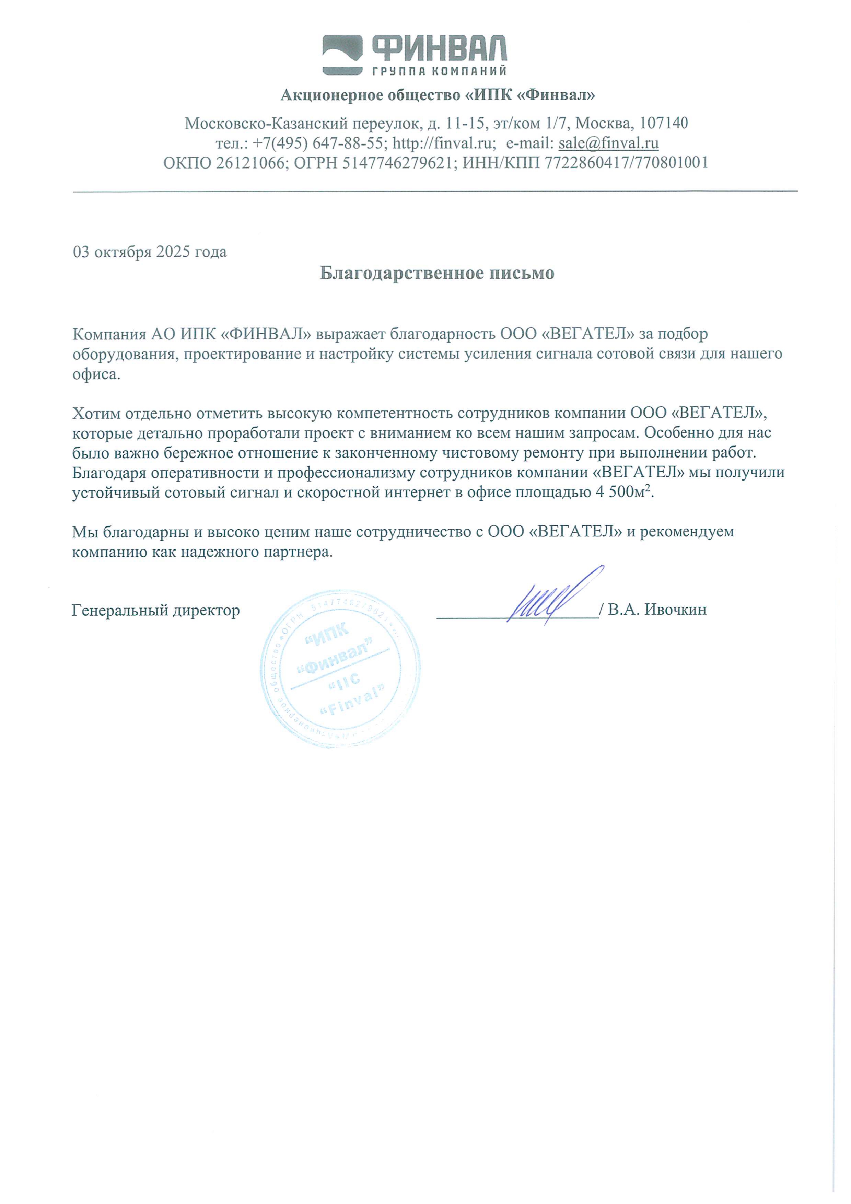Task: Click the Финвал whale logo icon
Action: [343, 55]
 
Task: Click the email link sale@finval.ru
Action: [608, 143]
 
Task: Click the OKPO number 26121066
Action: [250, 163]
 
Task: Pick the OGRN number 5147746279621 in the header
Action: [397, 163]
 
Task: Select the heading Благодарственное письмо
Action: [437, 273]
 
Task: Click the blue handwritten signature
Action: [550, 598]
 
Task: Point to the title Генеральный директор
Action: [156, 610]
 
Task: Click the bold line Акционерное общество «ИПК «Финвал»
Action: [438, 95]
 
